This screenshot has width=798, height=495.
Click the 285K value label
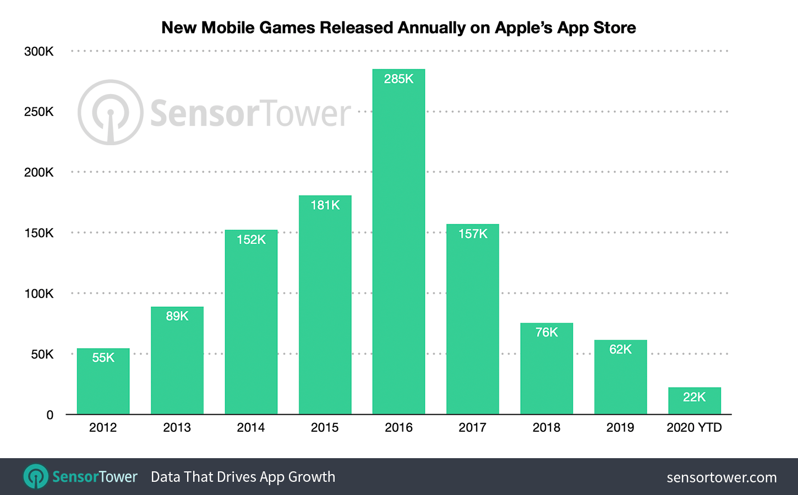(x=398, y=79)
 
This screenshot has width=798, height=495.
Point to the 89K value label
(x=177, y=316)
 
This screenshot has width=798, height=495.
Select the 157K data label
(x=473, y=234)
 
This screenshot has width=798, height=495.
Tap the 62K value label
(x=620, y=349)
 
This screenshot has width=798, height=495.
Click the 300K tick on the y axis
(x=39, y=52)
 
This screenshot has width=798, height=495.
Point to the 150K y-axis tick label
(x=39, y=233)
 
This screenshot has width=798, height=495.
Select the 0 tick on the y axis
(x=50, y=415)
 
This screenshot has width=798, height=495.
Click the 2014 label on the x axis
(x=251, y=427)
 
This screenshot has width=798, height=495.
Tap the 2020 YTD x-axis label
(x=694, y=427)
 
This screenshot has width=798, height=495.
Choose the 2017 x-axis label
(x=473, y=427)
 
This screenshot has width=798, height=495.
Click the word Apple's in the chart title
(x=523, y=28)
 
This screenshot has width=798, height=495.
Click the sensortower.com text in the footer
(x=722, y=477)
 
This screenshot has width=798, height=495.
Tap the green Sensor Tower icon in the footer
(x=36, y=476)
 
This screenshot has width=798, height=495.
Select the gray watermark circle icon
(x=111, y=113)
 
